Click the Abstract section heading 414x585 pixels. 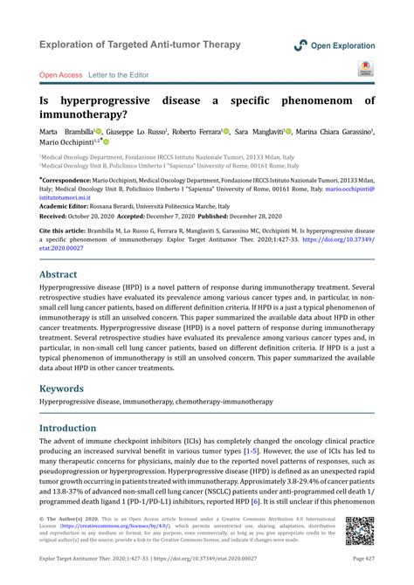pyautogui.click(x=59, y=274)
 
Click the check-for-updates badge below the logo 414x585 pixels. pyautogui.click(x=364, y=69)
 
